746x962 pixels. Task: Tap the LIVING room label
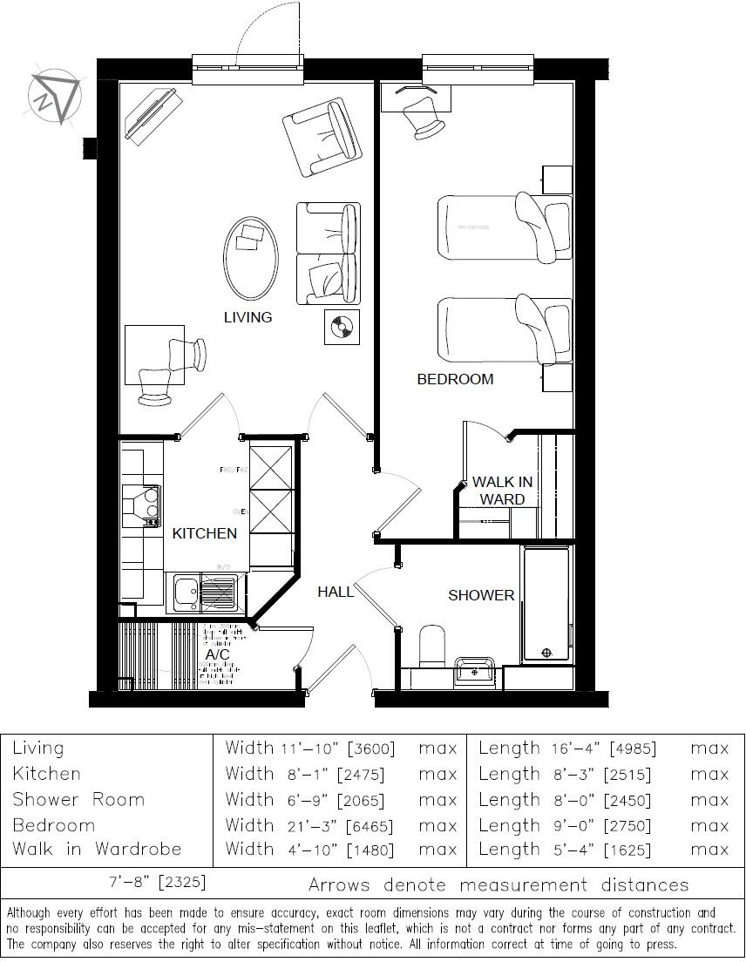[248, 317]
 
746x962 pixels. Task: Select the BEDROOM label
[455, 379]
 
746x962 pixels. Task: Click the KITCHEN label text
[204, 533]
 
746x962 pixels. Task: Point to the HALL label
[336, 592]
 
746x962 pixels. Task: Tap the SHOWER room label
[481, 595]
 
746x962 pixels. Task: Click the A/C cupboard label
[217, 654]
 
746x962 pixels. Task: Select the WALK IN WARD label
[503, 491]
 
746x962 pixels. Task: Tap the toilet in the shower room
[432, 645]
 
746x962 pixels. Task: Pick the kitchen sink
[186, 593]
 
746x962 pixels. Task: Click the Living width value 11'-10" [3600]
[336, 748]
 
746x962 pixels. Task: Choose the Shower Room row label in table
[78, 800]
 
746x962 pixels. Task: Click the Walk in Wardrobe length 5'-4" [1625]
[603, 849]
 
